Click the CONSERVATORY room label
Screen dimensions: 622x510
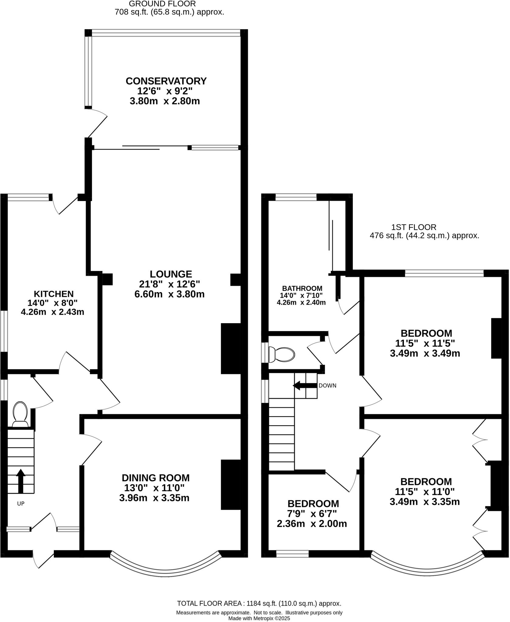click(x=166, y=81)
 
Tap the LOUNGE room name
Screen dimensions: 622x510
click(x=171, y=274)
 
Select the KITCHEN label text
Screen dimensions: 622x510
click(x=53, y=294)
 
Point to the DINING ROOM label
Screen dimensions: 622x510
click(x=155, y=478)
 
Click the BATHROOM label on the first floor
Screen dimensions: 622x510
click(x=302, y=288)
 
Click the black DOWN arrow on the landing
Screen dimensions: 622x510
click(x=305, y=386)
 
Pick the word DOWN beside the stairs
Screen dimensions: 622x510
click(x=327, y=386)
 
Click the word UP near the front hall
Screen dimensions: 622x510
click(x=21, y=504)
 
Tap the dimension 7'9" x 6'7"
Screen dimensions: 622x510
click(x=313, y=514)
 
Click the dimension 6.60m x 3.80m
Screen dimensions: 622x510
click(x=169, y=294)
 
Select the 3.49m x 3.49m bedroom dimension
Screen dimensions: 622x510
click(x=425, y=353)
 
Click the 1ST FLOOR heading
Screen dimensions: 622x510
click(x=413, y=227)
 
